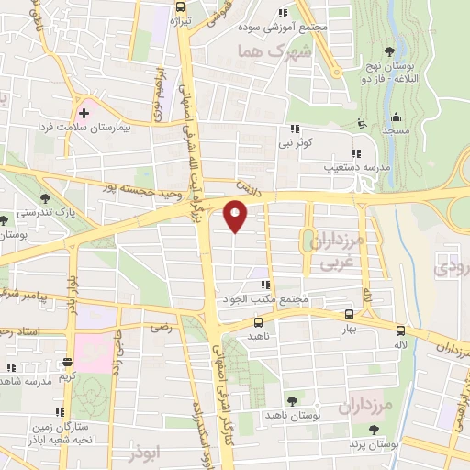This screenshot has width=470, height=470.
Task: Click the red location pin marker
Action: pos(236,216)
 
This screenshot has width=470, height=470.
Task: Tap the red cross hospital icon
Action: pos(84,114)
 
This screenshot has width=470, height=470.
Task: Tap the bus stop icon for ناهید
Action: pos(259,323)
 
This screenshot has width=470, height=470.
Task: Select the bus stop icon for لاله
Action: pos(399,330)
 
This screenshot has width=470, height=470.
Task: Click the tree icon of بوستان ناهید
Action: pos(292,400)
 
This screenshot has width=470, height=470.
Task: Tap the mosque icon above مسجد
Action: pos(396,116)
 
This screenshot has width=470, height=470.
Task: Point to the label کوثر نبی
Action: pos(297,144)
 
